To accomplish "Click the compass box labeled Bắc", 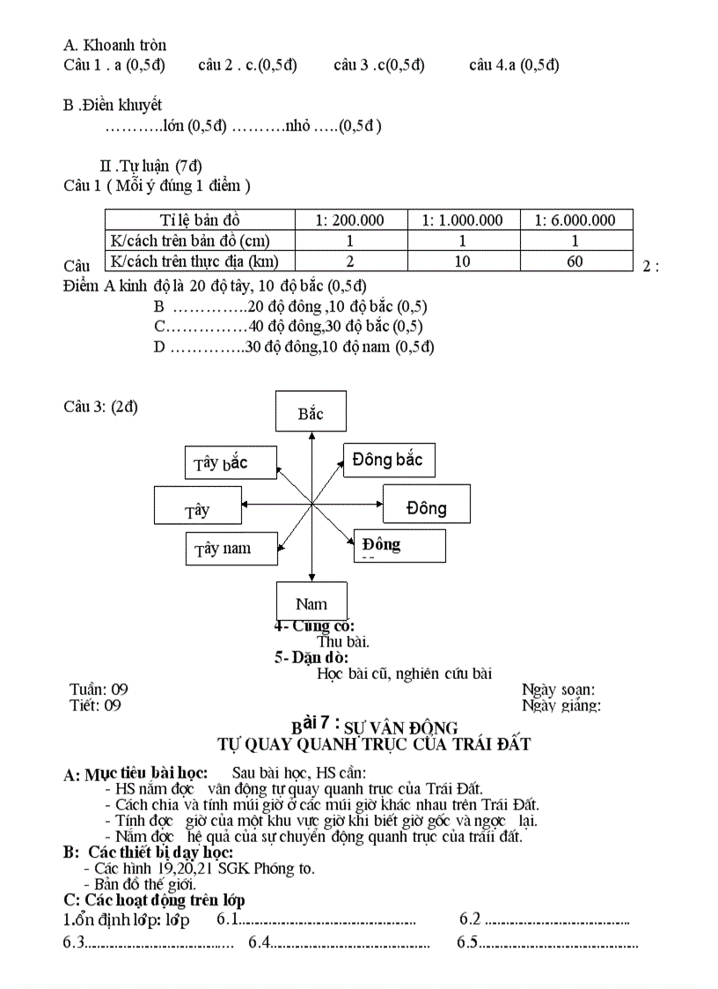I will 310,412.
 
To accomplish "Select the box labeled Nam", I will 311,602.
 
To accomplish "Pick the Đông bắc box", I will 388,460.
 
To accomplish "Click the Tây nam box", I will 231,549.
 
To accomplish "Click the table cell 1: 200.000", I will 350,220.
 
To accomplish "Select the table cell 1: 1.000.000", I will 463,220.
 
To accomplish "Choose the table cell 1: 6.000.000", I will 575,220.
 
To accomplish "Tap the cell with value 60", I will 575,261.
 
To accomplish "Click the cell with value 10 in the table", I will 463,261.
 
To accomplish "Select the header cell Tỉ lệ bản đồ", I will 199,220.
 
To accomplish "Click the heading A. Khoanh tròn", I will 115,45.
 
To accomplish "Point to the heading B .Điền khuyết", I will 113,106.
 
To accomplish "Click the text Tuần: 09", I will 99,690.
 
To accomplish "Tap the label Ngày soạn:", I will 558,690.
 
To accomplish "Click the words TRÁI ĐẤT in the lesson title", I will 490,744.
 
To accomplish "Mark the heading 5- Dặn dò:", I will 311,657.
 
